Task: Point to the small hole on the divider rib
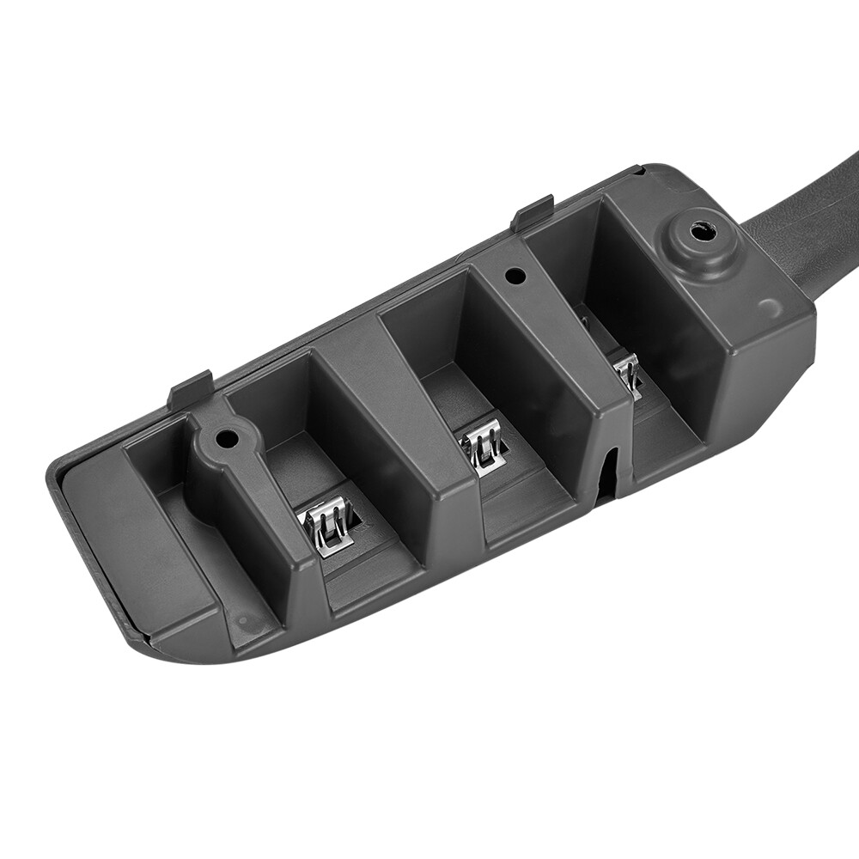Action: coord(515,277)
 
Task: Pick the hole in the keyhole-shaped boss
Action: coord(227,438)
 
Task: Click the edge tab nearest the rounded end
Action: coord(191,389)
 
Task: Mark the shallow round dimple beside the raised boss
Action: coord(770,307)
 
